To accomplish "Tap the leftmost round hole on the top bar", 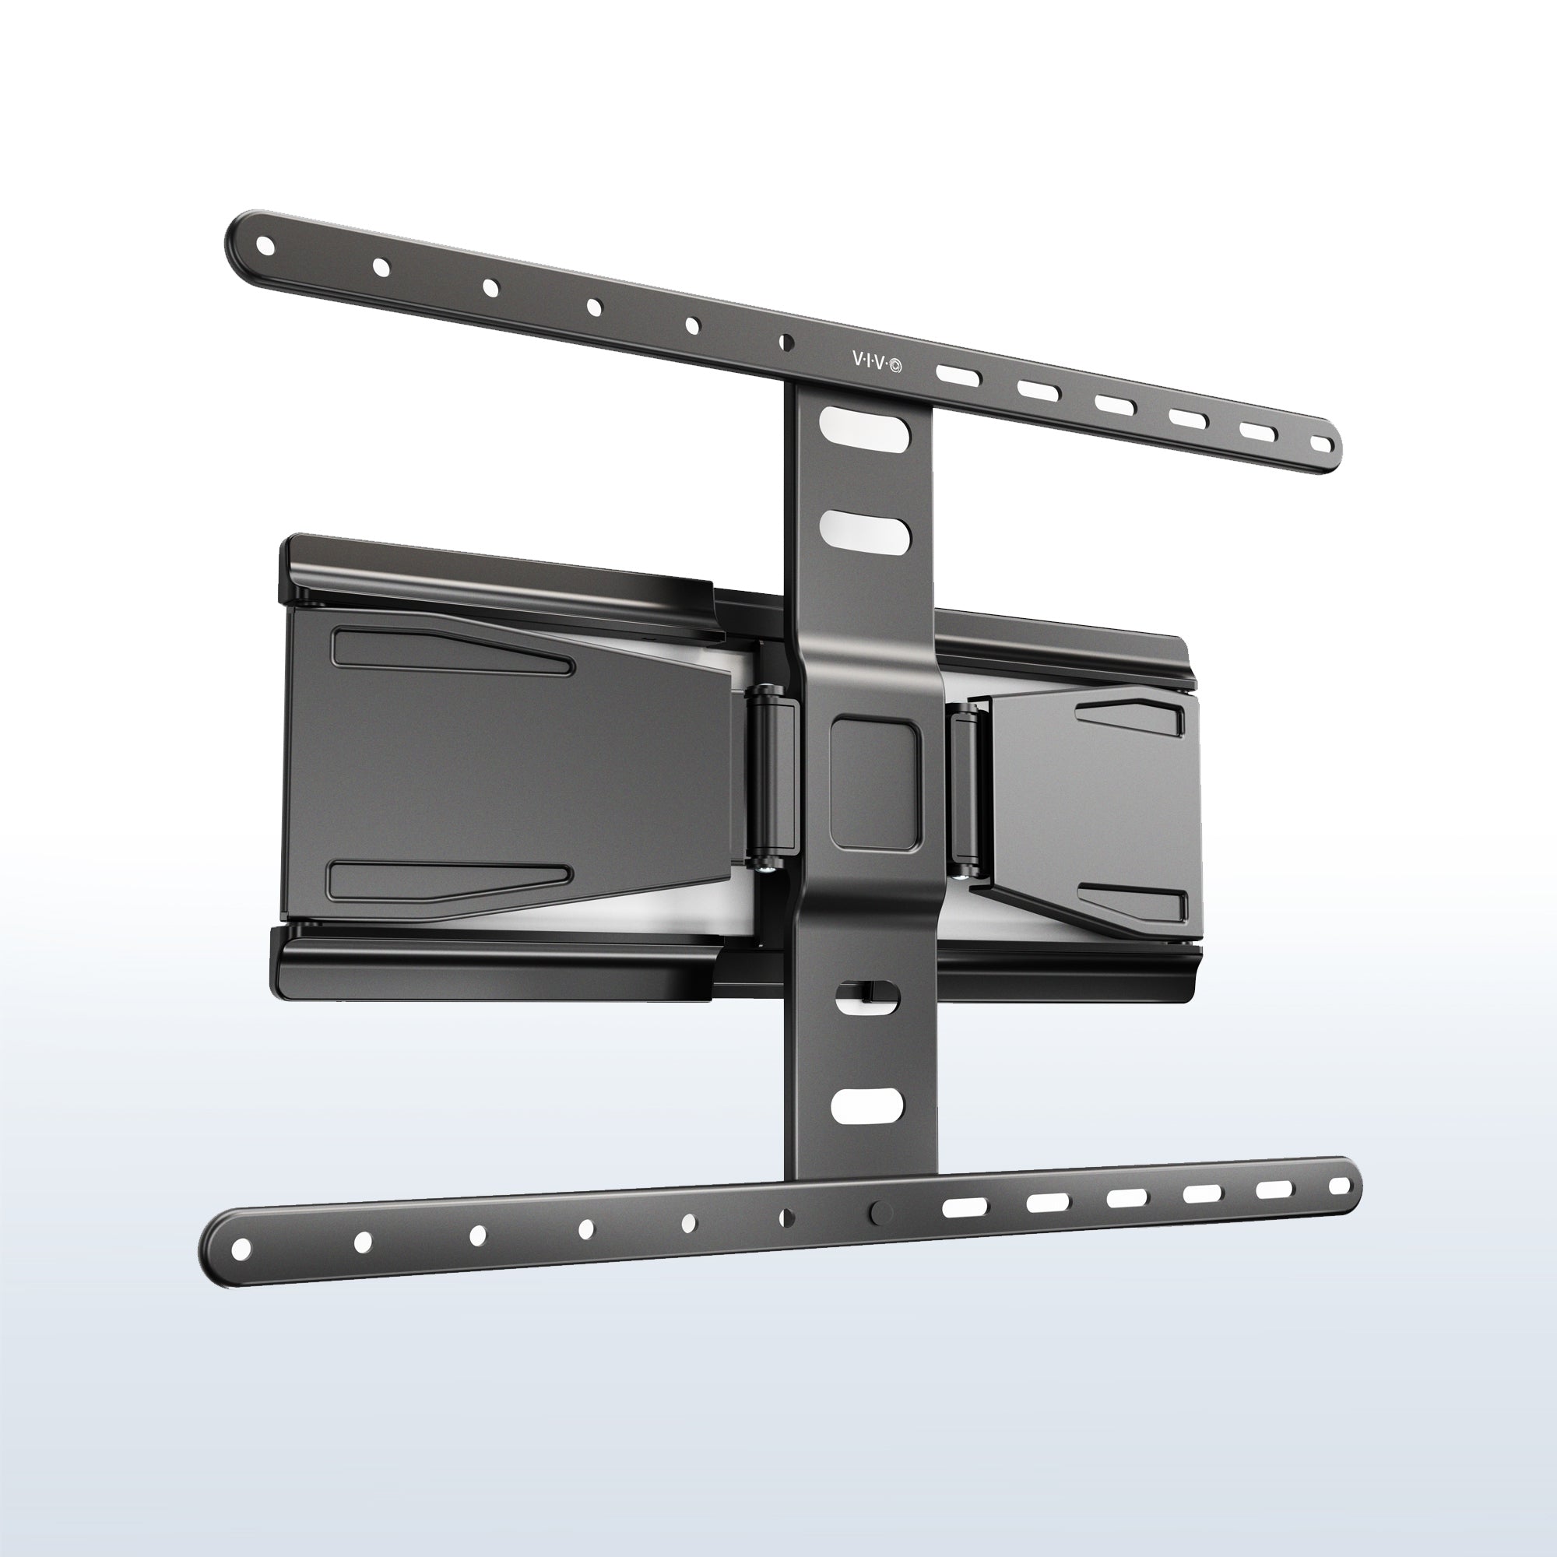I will pos(265,246).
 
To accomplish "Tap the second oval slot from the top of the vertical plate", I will pos(860,528).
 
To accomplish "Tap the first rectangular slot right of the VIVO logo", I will pos(958,375).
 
